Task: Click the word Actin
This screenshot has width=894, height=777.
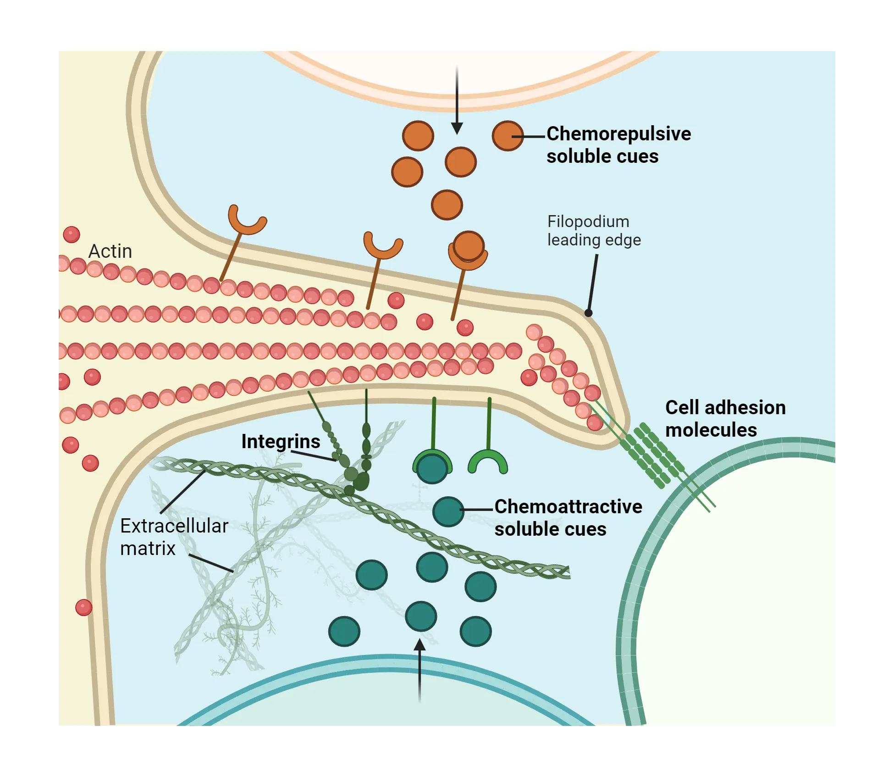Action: coord(110,251)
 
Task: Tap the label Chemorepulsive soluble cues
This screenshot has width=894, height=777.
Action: coord(618,145)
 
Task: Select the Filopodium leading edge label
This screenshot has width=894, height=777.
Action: coord(593,231)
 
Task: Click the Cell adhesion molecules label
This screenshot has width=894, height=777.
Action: coord(725,418)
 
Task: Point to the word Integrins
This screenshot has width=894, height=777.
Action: coord(281,441)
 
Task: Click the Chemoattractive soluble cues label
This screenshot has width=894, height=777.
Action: coord(568,517)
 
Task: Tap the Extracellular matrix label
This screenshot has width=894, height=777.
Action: coord(173,537)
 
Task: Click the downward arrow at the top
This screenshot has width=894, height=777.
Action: coord(457,101)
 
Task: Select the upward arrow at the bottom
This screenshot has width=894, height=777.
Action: coord(419,670)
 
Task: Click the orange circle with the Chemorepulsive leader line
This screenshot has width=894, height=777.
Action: coord(507,136)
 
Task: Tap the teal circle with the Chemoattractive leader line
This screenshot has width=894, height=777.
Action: coord(448,511)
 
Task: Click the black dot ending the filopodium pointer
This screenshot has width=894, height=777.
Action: coord(588,313)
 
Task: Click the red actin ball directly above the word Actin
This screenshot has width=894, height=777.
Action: coord(72,234)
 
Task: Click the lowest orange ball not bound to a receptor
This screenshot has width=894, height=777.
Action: coord(447,205)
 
